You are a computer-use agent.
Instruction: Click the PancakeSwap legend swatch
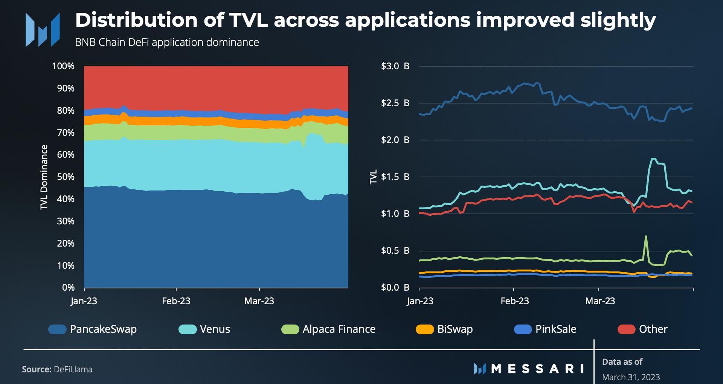(58, 329)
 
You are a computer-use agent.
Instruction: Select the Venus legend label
(215, 329)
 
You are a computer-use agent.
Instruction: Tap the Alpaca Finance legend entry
(339, 329)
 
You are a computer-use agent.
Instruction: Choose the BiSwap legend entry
(455, 329)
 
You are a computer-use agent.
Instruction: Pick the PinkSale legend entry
(555, 329)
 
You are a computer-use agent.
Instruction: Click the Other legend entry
(653, 329)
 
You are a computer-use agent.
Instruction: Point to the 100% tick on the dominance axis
(63, 66)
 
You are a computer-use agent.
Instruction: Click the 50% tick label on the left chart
(66, 177)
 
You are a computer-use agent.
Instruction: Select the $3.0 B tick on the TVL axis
(395, 66)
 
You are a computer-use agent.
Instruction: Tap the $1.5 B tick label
(395, 177)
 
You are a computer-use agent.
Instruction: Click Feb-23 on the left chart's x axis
(176, 301)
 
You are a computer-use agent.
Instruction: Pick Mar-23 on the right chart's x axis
(600, 301)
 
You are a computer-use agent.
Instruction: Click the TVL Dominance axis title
(44, 177)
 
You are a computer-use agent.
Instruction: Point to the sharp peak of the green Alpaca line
(646, 236)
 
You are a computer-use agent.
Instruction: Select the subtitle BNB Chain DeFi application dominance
(167, 42)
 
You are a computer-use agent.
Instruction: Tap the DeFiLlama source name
(73, 369)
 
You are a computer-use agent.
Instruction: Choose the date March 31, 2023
(631, 377)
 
